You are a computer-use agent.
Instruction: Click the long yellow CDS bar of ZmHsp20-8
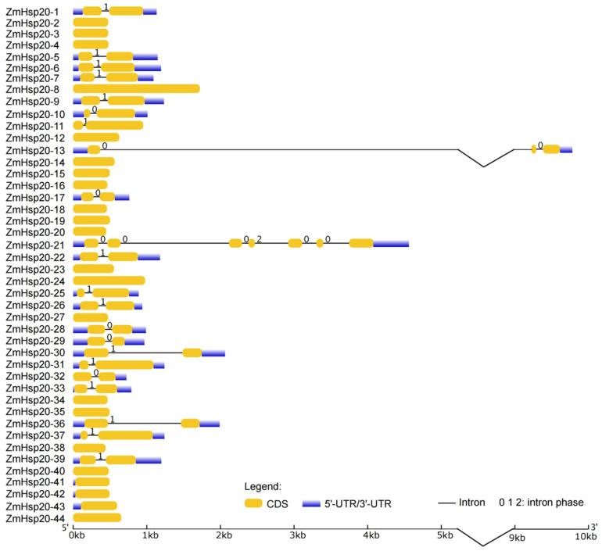click(x=136, y=88)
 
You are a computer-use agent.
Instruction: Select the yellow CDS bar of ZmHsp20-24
click(x=109, y=280)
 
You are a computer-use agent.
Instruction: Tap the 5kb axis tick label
click(x=444, y=536)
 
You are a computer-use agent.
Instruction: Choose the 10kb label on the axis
click(x=585, y=536)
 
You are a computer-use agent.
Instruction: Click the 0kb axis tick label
click(x=77, y=536)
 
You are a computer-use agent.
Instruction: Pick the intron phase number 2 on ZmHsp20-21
click(x=259, y=238)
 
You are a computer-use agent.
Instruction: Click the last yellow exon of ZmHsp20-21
click(x=360, y=244)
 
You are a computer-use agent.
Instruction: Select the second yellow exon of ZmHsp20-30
click(x=192, y=352)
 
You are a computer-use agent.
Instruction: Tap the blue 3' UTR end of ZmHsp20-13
click(x=566, y=149)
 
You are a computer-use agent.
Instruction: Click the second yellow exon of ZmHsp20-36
click(x=190, y=423)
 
